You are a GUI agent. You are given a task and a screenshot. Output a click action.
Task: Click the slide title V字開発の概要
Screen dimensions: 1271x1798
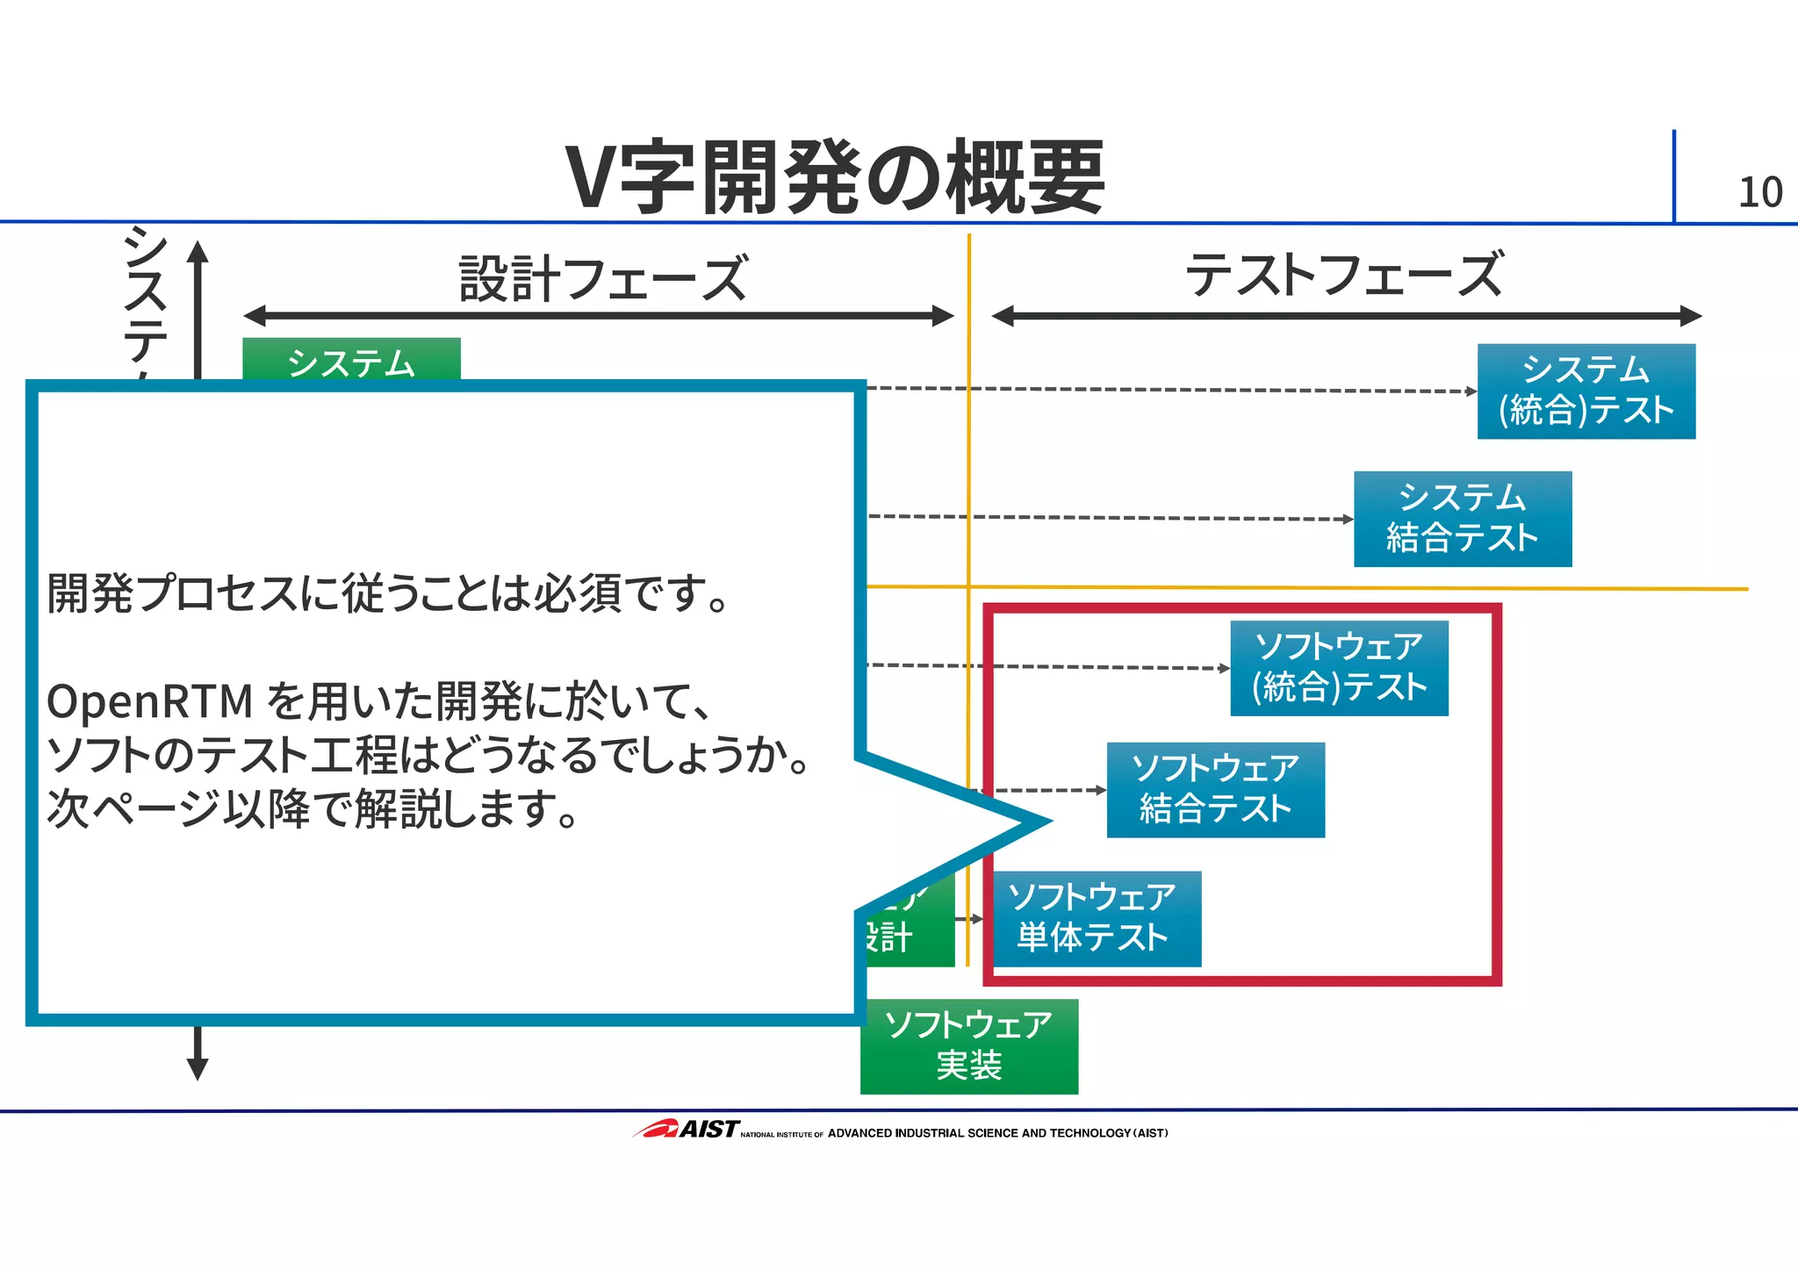[x=834, y=177]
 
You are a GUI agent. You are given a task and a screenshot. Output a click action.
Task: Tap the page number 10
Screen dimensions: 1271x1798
[x=1759, y=193]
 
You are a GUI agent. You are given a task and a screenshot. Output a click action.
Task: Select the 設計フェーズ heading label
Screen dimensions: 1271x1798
[x=603, y=278]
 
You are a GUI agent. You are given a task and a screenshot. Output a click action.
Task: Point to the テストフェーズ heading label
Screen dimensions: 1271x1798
[x=1344, y=275]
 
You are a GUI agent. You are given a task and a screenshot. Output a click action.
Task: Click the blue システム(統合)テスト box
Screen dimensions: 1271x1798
[x=1586, y=391]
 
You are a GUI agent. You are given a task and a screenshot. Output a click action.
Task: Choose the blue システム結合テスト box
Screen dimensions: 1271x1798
[x=1462, y=519]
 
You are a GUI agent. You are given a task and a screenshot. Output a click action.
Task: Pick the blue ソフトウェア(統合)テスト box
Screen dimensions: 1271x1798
[x=1339, y=668]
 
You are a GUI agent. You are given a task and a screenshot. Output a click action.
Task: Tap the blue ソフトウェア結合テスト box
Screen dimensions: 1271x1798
[x=1215, y=790]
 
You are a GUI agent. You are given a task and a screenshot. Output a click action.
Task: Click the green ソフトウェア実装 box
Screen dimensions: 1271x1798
[x=968, y=1046]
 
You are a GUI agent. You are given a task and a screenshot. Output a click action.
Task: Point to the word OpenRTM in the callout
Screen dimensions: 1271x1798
[x=149, y=702]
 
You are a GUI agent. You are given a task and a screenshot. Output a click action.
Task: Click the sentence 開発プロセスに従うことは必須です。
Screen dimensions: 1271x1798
[x=387, y=594]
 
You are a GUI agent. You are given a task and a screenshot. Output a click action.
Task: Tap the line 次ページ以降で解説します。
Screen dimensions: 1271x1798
[x=312, y=809]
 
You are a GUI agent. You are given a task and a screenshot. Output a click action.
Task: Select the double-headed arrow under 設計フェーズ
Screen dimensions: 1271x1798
[x=598, y=316]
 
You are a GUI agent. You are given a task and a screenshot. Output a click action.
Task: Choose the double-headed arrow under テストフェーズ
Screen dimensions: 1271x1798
[x=1346, y=316]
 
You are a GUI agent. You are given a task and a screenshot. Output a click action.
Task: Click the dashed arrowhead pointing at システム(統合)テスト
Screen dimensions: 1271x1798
[x=1471, y=391]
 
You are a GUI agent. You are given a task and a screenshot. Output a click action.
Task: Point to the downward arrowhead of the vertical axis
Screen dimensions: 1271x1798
[x=198, y=1067]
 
